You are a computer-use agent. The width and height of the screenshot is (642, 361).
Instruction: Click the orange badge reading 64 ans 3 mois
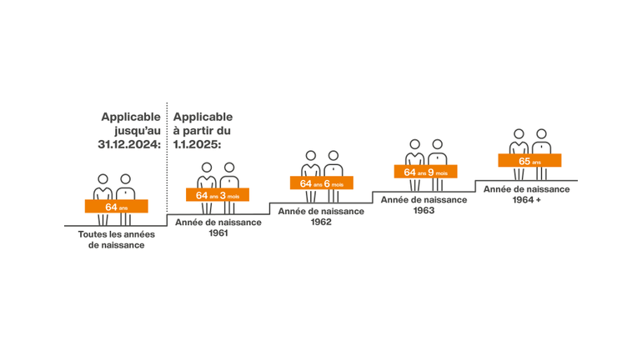pyautogui.click(x=218, y=195)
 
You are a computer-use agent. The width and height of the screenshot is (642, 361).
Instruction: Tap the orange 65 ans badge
pyautogui.click(x=529, y=160)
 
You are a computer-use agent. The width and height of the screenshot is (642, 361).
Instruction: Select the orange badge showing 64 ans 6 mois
pyautogui.click(x=321, y=183)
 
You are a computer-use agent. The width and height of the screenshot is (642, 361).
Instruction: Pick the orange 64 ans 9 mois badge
pyautogui.click(x=425, y=172)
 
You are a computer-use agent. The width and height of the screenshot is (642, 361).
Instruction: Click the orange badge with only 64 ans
pyautogui.click(x=116, y=206)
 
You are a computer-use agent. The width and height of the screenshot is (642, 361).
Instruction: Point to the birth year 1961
pyautogui.click(x=218, y=233)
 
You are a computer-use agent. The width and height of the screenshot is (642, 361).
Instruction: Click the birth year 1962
pyautogui.click(x=321, y=222)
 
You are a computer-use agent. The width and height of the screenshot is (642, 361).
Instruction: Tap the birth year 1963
pyautogui.click(x=424, y=210)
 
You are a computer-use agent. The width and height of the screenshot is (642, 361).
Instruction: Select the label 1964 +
pyautogui.click(x=527, y=200)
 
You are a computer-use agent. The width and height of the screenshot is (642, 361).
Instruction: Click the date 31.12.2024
pyautogui.click(x=129, y=144)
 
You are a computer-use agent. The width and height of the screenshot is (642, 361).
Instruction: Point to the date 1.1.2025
pyautogui.click(x=197, y=144)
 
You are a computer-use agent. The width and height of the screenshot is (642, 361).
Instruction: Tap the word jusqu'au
pyautogui.click(x=138, y=131)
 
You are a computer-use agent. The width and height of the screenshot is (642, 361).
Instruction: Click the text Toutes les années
pyautogui.click(x=116, y=234)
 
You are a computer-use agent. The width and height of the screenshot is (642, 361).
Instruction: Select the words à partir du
pyautogui.click(x=202, y=131)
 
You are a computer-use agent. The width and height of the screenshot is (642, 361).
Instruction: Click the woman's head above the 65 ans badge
pyautogui.click(x=519, y=134)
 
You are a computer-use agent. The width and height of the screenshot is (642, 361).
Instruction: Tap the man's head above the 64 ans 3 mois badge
pyautogui.click(x=229, y=168)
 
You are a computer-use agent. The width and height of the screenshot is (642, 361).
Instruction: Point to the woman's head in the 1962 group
pyautogui.click(x=311, y=156)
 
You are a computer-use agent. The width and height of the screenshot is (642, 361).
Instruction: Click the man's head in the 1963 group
pyautogui.click(x=437, y=144)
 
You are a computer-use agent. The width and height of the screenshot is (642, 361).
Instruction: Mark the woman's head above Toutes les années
pyautogui.click(x=103, y=179)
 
